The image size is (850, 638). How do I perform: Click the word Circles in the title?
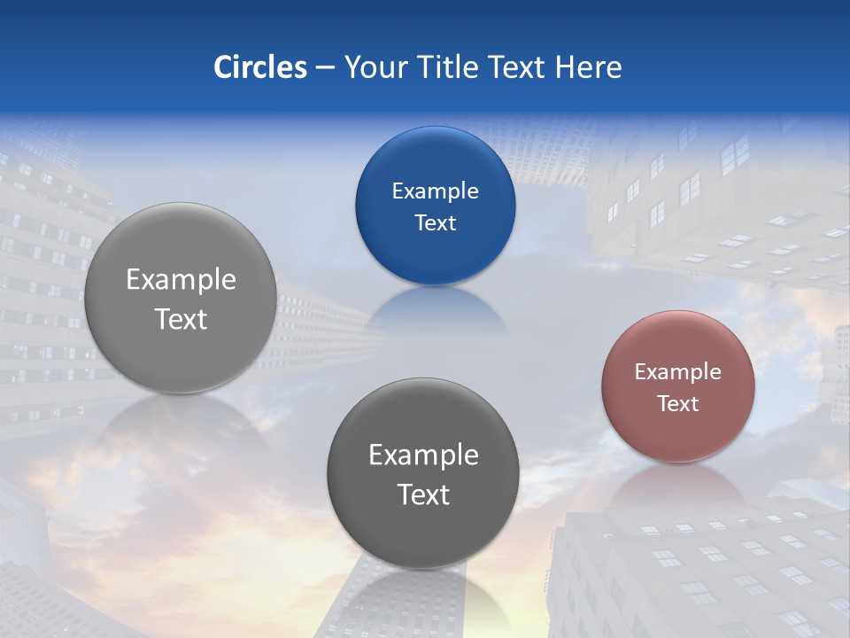pyautogui.click(x=260, y=67)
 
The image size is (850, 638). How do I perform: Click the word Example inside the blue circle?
pyautogui.click(x=435, y=191)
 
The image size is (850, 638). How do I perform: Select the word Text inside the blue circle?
pyautogui.click(x=435, y=223)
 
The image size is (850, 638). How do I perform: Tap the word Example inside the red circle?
pyautogui.click(x=677, y=372)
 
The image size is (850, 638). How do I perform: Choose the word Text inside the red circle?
pyautogui.click(x=677, y=404)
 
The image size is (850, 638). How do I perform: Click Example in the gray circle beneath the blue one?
pyautogui.click(x=423, y=455)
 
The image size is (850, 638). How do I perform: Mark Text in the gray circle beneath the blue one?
pyautogui.click(x=423, y=494)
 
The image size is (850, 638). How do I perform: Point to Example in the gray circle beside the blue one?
pyautogui.click(x=181, y=280)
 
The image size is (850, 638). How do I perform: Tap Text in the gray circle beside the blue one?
pyautogui.click(x=181, y=319)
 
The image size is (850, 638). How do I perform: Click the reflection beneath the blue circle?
pyautogui.click(x=435, y=310)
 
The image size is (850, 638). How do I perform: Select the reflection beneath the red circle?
pyautogui.click(x=677, y=483)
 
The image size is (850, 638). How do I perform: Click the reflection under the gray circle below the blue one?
pyautogui.click(x=423, y=598)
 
